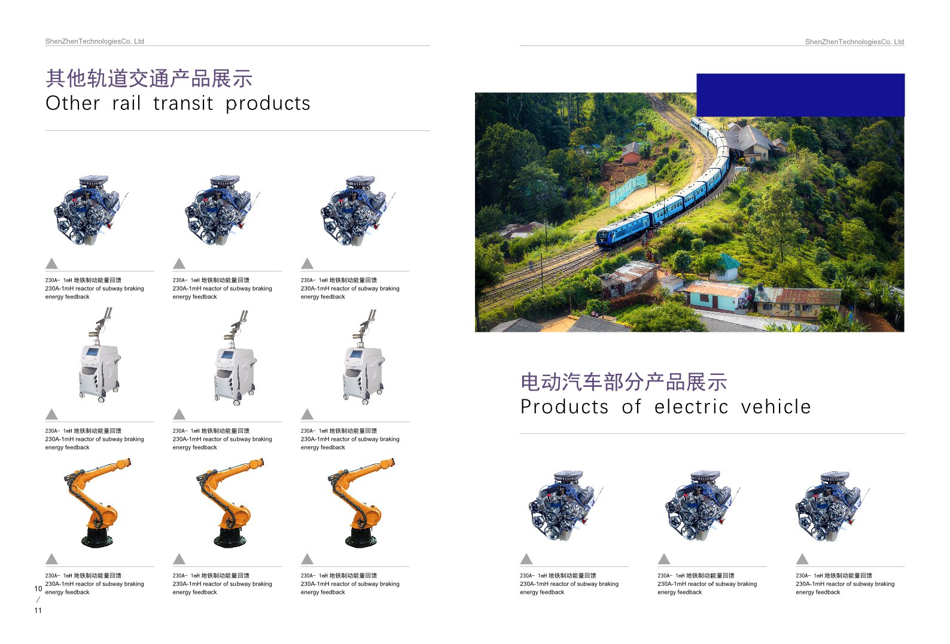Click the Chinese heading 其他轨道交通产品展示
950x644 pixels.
point(149,78)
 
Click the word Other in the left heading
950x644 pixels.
point(72,103)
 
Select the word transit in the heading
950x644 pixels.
point(183,103)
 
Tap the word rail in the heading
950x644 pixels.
point(126,103)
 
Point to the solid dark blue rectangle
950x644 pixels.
point(800,95)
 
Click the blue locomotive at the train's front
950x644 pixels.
point(623,231)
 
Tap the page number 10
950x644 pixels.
point(38,588)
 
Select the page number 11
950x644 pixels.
point(38,610)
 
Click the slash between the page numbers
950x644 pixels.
point(38,600)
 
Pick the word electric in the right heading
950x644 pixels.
point(692,407)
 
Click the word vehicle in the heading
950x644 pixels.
point(776,407)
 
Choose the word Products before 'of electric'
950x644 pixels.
point(565,407)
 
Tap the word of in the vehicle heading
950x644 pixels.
point(632,407)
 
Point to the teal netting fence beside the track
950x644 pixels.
point(628,189)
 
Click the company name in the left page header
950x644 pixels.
point(95,41)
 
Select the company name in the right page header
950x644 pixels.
point(854,41)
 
